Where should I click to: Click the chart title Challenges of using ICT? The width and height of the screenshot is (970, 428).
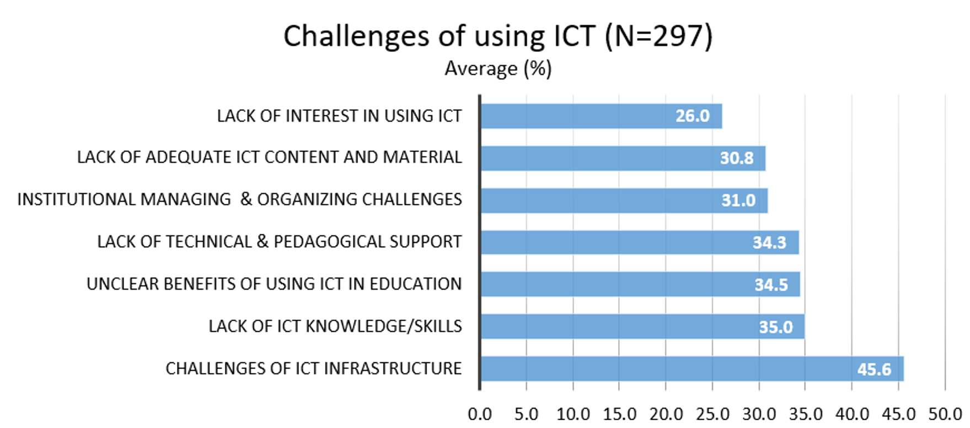point(439,36)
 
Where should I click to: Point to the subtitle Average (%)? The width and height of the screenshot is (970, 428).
point(498,68)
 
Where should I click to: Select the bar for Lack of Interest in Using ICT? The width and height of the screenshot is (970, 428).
point(601,116)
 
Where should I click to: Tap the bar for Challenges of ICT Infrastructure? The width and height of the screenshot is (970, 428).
point(692,369)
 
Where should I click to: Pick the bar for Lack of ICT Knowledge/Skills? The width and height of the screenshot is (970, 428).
point(642,327)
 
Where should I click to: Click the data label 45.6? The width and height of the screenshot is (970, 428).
point(874,369)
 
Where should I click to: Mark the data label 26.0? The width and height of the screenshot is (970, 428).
point(693,116)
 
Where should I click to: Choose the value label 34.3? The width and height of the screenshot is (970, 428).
point(769,242)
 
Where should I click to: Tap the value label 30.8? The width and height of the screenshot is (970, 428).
point(737,158)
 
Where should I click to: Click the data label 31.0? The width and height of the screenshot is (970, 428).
point(738,200)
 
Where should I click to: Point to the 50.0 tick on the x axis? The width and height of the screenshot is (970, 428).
point(945,414)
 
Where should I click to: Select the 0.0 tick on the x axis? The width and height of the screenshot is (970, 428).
point(480,414)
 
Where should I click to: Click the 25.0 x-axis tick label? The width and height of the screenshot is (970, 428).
point(712,414)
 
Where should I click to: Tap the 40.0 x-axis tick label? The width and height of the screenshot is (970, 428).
point(852,414)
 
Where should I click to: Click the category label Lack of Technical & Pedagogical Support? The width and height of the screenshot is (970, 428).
point(280,242)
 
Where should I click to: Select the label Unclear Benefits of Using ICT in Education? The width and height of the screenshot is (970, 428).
point(274,284)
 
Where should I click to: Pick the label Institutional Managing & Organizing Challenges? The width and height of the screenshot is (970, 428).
point(240,199)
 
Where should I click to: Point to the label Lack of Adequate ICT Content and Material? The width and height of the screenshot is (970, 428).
point(270,158)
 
